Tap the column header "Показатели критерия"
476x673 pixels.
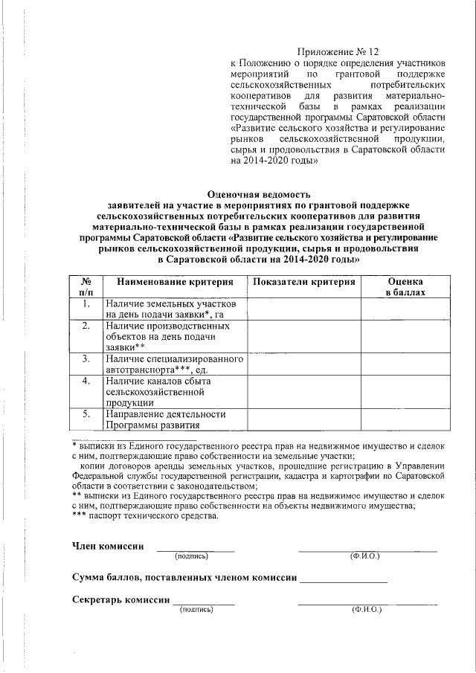[x=303, y=283]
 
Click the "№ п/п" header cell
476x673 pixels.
[x=86, y=288]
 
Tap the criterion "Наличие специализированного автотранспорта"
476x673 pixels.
[x=174, y=364]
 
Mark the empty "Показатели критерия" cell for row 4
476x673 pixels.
[x=303, y=391]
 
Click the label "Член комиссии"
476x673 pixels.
[x=108, y=546]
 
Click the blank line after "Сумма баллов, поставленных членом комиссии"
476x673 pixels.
[x=344, y=578]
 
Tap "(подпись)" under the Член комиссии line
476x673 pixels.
[x=192, y=556]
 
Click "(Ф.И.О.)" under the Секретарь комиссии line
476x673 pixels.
[x=366, y=610]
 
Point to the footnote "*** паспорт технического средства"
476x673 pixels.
[x=145, y=516]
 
